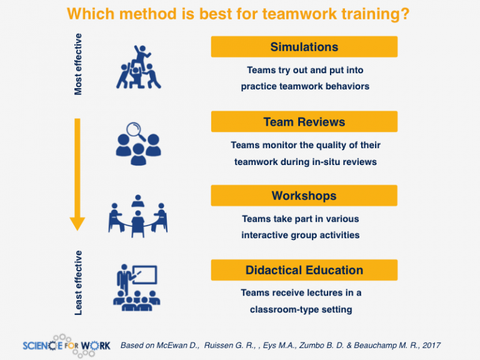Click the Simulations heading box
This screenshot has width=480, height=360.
(x=304, y=47)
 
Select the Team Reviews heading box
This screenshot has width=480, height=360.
(x=304, y=121)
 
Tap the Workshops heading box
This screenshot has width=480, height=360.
(x=304, y=196)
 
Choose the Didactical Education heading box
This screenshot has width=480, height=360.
(x=304, y=270)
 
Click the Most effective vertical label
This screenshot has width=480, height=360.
(x=78, y=64)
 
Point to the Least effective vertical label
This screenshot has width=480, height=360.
(x=78, y=282)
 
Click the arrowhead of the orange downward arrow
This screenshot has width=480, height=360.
(x=77, y=222)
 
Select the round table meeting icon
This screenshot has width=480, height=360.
(x=138, y=215)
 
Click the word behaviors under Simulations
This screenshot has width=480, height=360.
(x=347, y=87)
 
